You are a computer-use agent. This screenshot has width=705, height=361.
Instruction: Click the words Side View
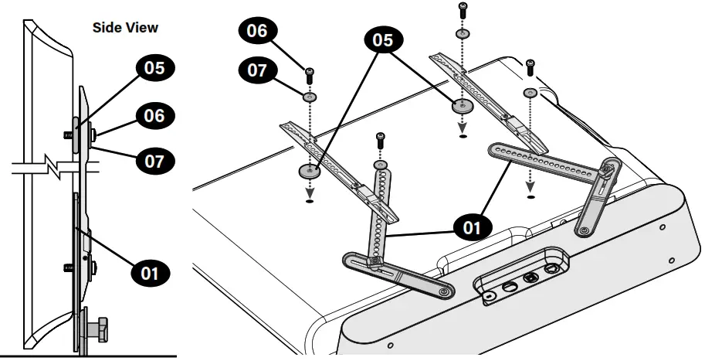(125, 28)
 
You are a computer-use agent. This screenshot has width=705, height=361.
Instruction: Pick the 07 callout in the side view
(155, 162)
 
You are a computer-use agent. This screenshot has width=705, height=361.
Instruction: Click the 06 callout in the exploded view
(256, 32)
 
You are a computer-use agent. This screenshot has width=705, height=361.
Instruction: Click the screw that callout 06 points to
(310, 75)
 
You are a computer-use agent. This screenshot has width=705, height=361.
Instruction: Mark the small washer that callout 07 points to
(310, 97)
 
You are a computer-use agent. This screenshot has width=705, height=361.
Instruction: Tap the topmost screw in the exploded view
(463, 10)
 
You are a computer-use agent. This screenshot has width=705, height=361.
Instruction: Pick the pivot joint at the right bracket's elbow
(607, 169)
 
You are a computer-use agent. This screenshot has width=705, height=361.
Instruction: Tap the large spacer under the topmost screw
(463, 105)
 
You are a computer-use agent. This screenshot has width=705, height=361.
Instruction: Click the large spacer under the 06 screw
(310, 170)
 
